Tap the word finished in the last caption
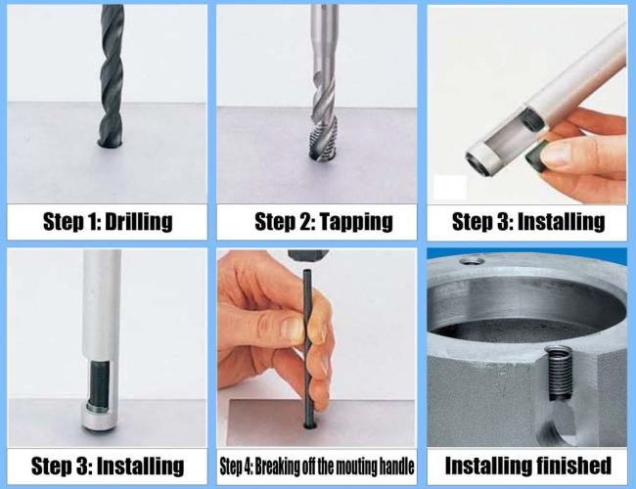(x=566, y=465)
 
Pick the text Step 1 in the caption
(x=66, y=221)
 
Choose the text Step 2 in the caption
(x=278, y=221)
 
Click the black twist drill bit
(x=113, y=68)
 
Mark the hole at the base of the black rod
(x=309, y=425)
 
